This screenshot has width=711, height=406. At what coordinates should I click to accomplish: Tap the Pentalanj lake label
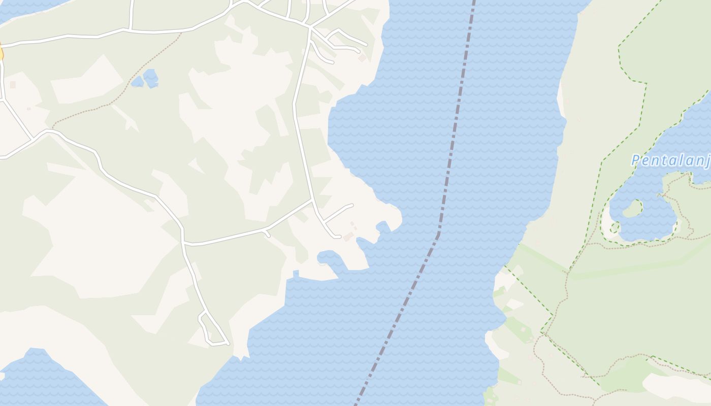(670, 161)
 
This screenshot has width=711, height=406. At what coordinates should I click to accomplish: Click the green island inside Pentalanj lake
(631, 208)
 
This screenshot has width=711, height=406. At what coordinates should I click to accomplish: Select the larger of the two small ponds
(151, 78)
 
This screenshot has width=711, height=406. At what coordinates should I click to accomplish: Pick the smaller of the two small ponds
(137, 81)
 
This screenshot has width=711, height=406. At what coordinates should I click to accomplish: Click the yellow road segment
(1, 53)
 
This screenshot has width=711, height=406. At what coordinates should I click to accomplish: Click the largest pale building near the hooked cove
(348, 236)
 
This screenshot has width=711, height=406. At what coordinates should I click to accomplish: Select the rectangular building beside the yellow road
(13, 85)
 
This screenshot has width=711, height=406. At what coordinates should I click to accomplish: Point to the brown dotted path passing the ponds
(127, 86)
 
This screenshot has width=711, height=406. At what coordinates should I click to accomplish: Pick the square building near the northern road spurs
(362, 58)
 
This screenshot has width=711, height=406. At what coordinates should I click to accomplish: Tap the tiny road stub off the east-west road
(266, 233)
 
